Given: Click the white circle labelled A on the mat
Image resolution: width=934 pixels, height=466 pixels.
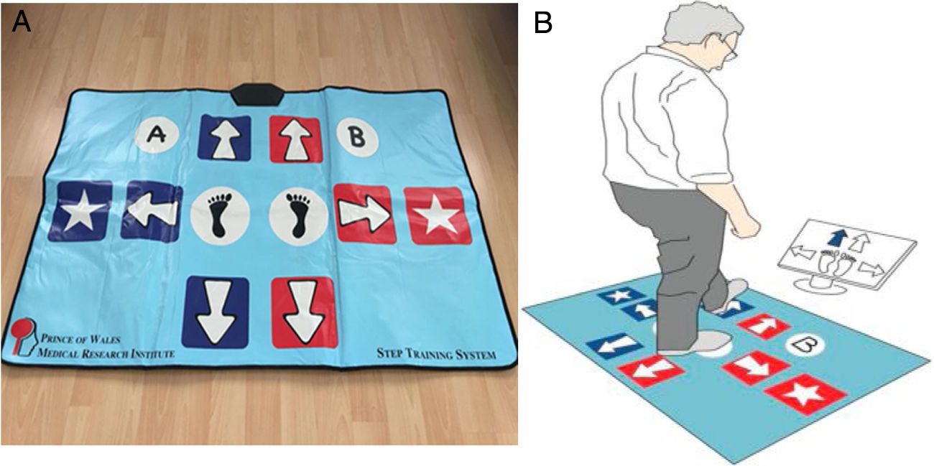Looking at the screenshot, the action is pyautogui.click(x=157, y=135).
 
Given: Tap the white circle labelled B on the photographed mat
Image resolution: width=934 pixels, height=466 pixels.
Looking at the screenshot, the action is pyautogui.click(x=357, y=137).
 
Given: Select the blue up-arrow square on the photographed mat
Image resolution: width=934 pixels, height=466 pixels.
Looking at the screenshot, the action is pyautogui.click(x=224, y=138).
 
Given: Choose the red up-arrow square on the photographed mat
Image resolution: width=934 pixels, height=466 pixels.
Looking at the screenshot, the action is pyautogui.click(x=295, y=139).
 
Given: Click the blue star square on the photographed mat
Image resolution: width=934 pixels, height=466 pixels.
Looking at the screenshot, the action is pyautogui.click(x=80, y=211).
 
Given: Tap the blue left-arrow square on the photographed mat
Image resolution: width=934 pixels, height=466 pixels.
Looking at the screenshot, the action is pyautogui.click(x=152, y=212).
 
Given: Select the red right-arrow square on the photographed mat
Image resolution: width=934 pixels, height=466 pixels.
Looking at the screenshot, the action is pyautogui.click(x=365, y=214).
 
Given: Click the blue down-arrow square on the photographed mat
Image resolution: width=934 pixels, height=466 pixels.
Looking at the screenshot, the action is pyautogui.click(x=215, y=312).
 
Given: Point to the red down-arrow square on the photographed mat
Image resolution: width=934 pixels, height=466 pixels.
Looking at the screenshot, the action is pyautogui.click(x=305, y=312).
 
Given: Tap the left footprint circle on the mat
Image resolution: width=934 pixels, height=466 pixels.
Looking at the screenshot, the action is pyautogui.click(x=220, y=216).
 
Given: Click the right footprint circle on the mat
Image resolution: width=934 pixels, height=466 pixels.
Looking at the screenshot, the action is pyautogui.click(x=299, y=216).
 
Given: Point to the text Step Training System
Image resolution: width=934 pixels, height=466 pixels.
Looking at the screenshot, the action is pyautogui.click(x=437, y=354).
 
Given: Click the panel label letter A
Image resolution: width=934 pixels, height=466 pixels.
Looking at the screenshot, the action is pyautogui.click(x=22, y=22).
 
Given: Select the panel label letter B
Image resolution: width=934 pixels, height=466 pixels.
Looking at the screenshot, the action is pyautogui.click(x=543, y=22).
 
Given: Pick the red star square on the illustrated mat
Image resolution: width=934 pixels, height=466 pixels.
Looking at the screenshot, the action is pyautogui.click(x=805, y=394).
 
